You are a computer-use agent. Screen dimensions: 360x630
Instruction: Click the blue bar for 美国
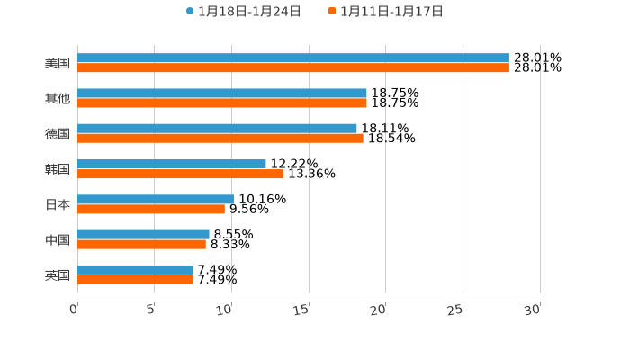tap(292, 58)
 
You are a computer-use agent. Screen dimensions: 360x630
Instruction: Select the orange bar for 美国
tap(292, 68)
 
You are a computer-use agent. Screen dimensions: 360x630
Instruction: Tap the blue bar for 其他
tap(222, 94)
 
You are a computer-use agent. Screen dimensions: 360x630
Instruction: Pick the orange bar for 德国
tap(220, 139)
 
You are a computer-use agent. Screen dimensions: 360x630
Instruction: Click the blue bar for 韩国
tap(172, 164)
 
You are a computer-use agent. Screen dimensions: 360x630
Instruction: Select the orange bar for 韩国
tap(180, 174)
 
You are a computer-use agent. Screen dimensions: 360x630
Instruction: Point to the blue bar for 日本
tap(156, 199)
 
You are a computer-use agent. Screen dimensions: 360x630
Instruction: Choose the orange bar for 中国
tap(141, 244)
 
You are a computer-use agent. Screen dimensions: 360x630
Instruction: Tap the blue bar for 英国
tap(135, 269)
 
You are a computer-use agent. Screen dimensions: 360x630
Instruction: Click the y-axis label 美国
tap(58, 64)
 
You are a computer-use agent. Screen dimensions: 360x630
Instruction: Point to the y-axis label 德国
tap(58, 134)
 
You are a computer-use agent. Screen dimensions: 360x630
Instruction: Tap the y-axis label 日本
tap(58, 204)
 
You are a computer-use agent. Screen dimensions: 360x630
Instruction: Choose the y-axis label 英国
tap(58, 274)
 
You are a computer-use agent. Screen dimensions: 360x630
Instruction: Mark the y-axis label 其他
tap(58, 99)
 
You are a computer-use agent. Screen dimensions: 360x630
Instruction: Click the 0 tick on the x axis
tap(75, 310)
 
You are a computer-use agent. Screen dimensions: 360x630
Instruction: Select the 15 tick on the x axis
tap(302, 310)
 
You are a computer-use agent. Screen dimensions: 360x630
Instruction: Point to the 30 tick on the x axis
tap(533, 310)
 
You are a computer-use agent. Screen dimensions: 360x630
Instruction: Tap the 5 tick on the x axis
tap(151, 310)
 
